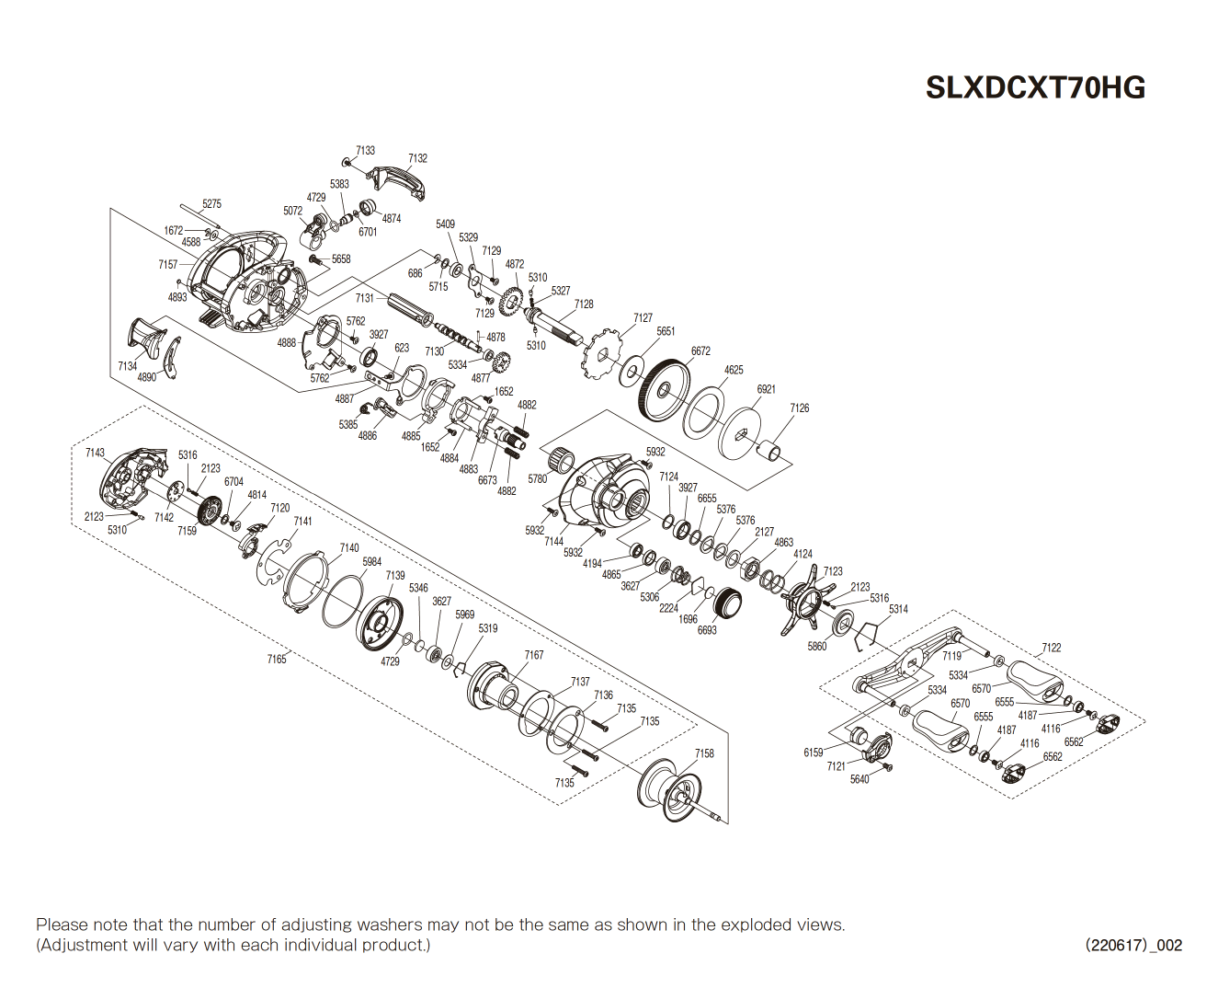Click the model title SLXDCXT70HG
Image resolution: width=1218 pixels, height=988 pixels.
coord(1035,87)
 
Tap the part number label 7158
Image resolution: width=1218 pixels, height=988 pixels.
coord(704,753)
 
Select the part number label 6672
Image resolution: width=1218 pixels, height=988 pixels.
coord(700,351)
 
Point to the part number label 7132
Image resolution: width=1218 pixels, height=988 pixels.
coord(417,158)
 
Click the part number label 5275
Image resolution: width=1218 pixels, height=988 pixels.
coord(211,204)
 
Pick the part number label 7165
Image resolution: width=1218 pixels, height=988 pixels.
coord(277,659)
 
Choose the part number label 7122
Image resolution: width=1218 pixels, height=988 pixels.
coord(1052,648)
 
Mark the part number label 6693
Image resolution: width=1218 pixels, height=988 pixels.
coord(707,630)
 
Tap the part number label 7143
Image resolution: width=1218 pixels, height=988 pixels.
coord(96,453)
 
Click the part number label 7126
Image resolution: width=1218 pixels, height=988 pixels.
coord(800,408)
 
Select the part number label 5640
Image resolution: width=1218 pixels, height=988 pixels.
coord(859,779)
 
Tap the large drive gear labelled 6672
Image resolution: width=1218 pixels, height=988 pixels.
coord(663,391)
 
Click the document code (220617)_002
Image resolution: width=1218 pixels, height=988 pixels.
coord(1133,945)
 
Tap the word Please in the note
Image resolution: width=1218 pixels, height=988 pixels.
coord(62,925)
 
